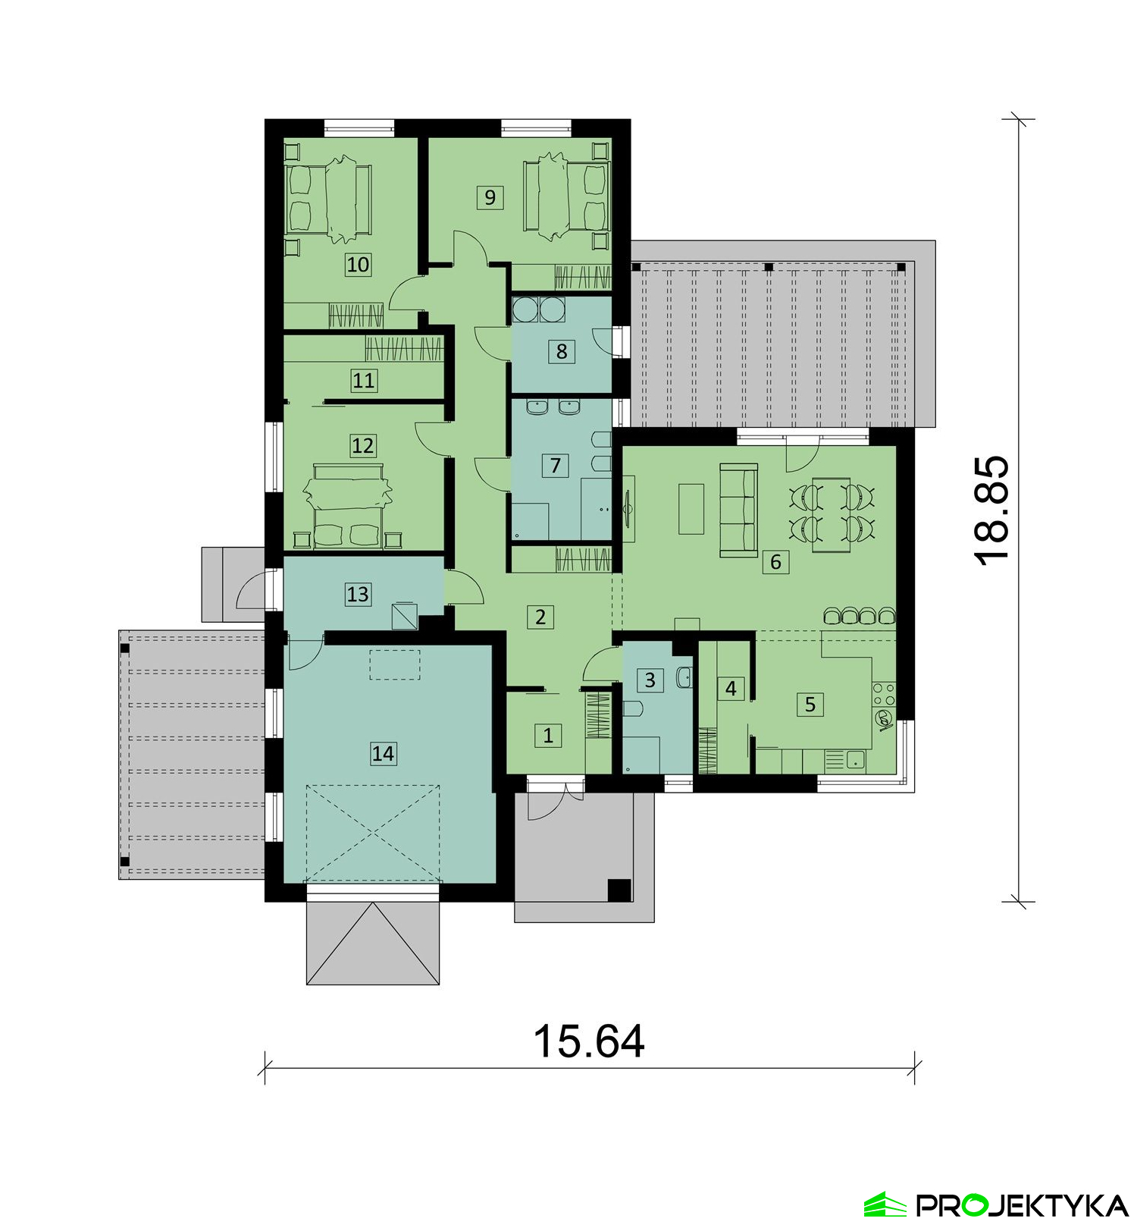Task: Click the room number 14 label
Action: click(x=383, y=754)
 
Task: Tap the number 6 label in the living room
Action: click(x=775, y=562)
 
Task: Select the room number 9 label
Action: click(x=490, y=197)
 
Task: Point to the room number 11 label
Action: click(x=364, y=380)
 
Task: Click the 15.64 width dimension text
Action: click(x=589, y=1041)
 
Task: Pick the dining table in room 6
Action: click(x=832, y=515)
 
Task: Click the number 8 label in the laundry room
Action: click(x=562, y=352)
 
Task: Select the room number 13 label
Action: click(x=358, y=594)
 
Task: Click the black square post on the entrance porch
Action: click(x=619, y=890)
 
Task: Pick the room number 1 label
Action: click(x=548, y=735)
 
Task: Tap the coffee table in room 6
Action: click(x=691, y=508)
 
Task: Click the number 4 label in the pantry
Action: click(x=731, y=689)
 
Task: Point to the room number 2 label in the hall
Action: click(x=540, y=617)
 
